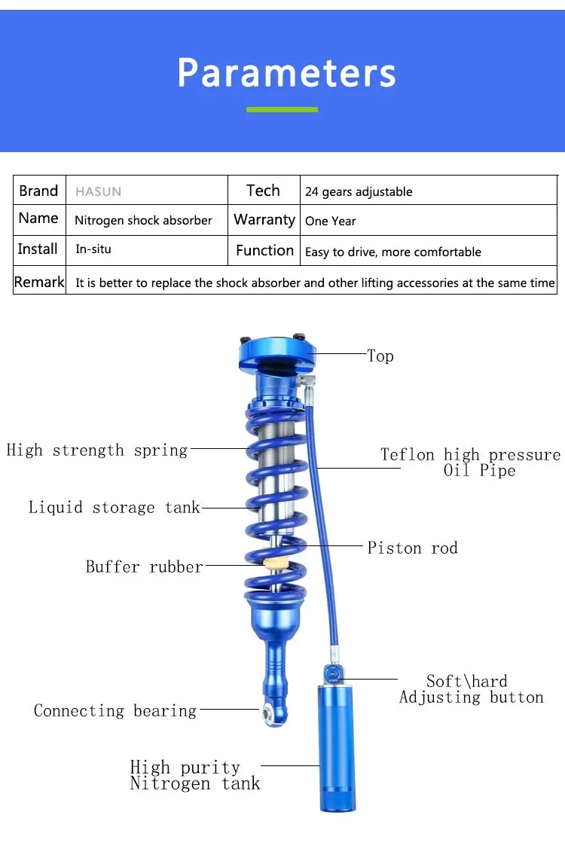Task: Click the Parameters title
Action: (286, 73)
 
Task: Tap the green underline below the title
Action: (282, 110)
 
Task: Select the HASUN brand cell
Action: (98, 191)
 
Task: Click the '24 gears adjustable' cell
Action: (359, 191)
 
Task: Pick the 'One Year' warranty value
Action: (330, 221)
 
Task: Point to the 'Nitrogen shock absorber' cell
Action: (143, 221)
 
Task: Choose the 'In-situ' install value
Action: (93, 249)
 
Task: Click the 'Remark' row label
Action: (39, 282)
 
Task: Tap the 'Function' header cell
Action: (264, 250)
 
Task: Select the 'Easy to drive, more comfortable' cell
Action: (392, 252)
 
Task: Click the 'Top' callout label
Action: (380, 356)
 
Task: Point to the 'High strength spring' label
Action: (96, 451)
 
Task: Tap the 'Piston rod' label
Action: (412, 548)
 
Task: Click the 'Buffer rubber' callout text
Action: (144, 567)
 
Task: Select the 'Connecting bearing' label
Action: (115, 710)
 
